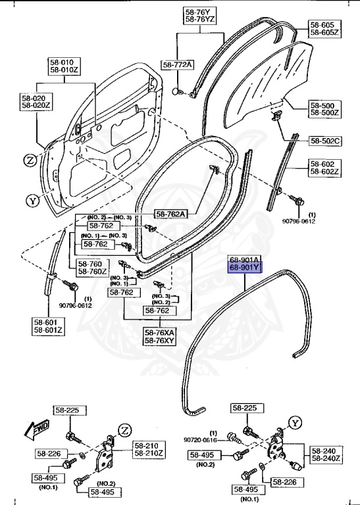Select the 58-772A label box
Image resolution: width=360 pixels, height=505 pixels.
coord(178,64)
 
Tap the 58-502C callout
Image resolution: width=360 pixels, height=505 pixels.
coord(325,140)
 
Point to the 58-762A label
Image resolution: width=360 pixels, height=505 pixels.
coord(171,213)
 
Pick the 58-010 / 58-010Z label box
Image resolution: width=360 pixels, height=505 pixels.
coord(63,66)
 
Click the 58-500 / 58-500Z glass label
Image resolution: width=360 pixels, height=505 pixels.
coord(324,109)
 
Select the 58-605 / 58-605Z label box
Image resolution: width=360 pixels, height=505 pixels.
coord(324,28)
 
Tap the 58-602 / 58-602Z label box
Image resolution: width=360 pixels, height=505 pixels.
coord(324,168)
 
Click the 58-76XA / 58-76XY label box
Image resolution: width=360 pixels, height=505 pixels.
coord(160,336)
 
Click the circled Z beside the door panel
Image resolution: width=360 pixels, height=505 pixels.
coord(30,160)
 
